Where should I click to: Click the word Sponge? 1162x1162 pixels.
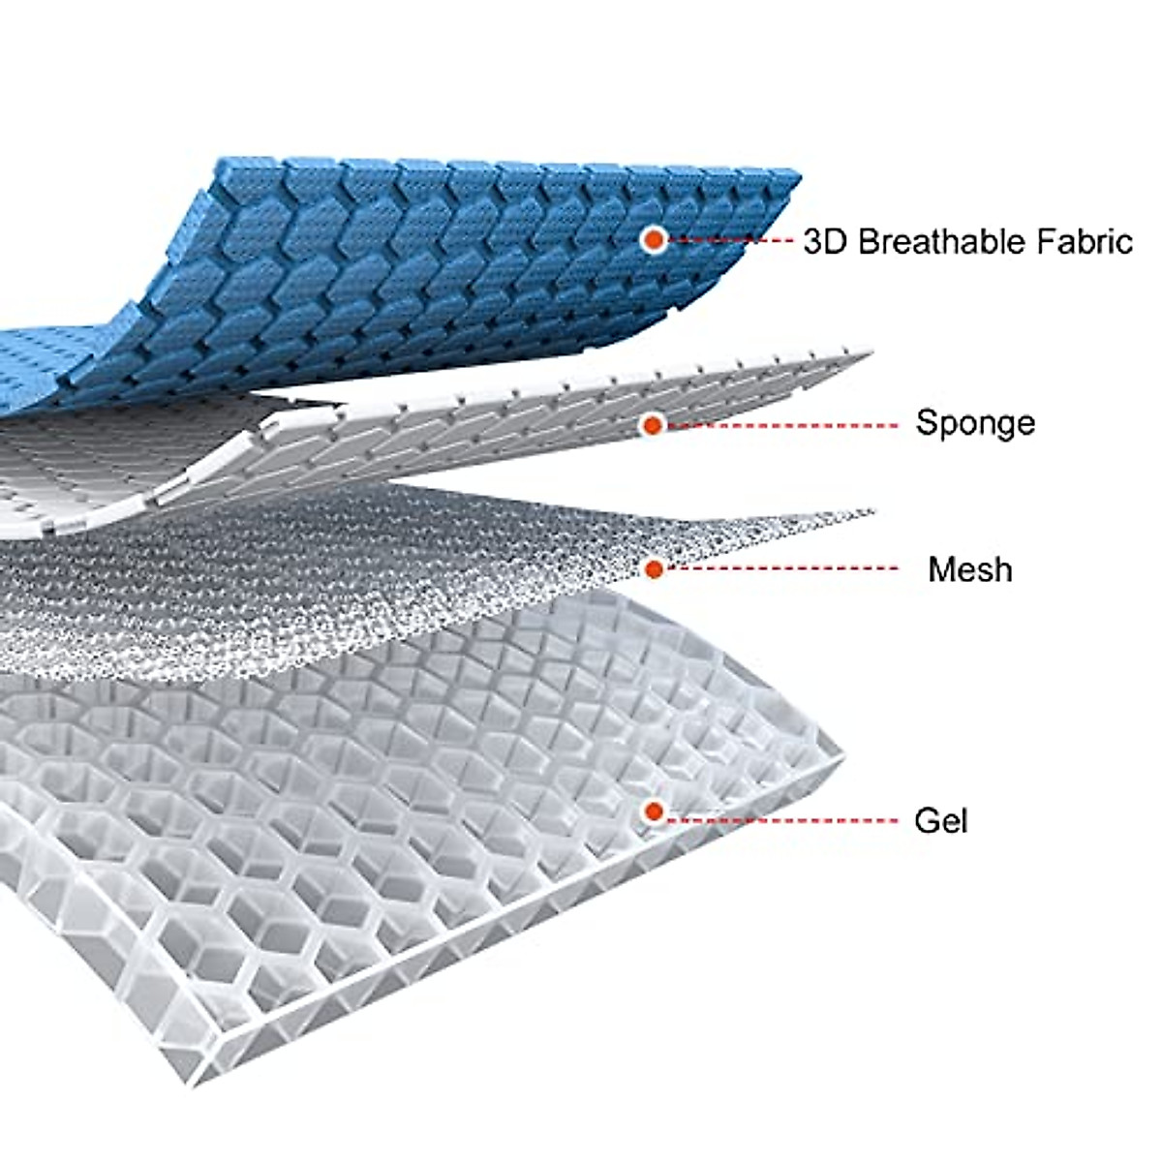click(974, 423)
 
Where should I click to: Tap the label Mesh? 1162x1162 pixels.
click(969, 569)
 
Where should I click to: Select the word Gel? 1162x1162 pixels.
click(940, 821)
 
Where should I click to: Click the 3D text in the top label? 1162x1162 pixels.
click(824, 241)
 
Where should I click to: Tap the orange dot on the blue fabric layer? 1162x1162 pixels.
click(655, 239)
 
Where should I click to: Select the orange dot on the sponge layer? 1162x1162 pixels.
click(654, 424)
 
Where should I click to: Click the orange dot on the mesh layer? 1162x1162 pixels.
click(655, 569)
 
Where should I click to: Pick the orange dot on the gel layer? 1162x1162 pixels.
click(655, 811)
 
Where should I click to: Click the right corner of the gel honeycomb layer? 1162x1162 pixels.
click(841, 762)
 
